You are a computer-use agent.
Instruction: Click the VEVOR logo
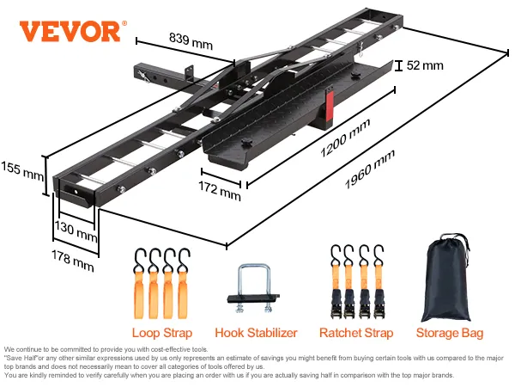pos(82,31)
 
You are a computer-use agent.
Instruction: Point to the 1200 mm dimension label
pos(345,140)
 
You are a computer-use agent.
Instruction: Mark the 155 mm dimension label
pos(21,170)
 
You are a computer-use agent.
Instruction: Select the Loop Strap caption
pos(162,333)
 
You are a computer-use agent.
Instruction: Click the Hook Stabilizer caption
pos(256,333)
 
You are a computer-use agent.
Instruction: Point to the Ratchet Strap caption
pos(356,333)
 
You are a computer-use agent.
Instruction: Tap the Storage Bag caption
pos(449,333)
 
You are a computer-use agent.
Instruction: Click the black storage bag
pos(446,279)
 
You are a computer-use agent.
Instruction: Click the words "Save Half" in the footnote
pos(21,357)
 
